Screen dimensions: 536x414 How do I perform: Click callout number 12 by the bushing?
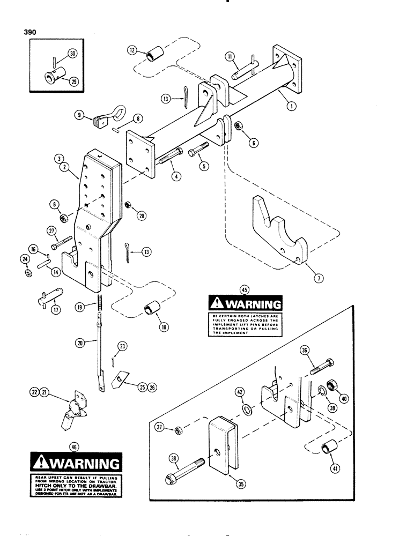click(133, 51)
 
